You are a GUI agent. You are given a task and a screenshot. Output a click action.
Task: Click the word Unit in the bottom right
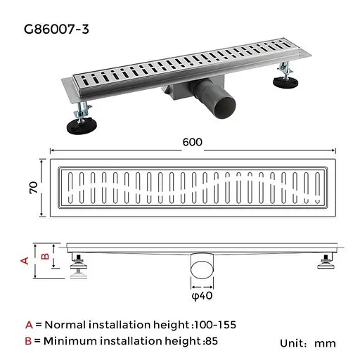point(293,343)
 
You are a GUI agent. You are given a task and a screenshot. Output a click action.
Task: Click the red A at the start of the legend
point(29,325)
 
